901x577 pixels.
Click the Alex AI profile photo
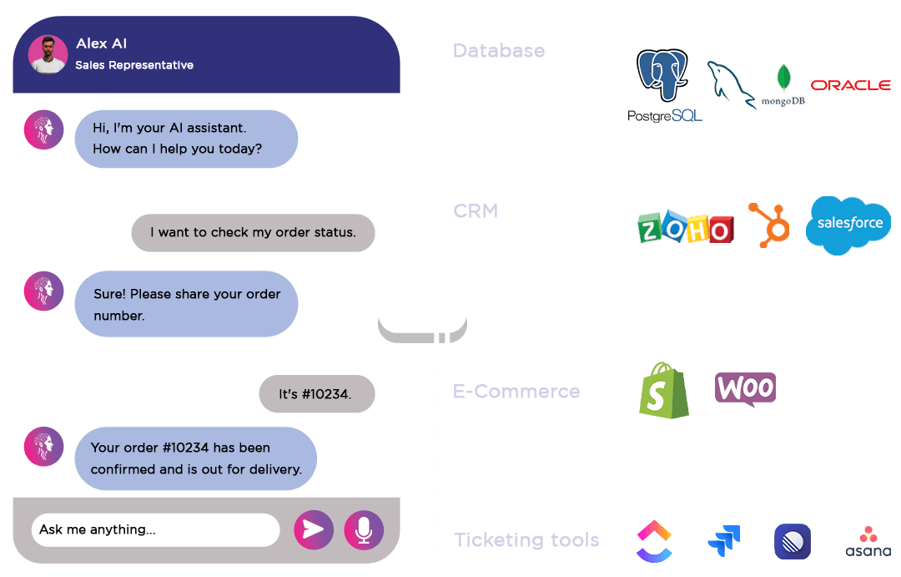click(48, 54)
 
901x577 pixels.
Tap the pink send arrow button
click(313, 530)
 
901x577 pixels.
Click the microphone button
click(364, 530)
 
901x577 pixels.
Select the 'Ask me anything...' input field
click(155, 530)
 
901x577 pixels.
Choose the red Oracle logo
click(850, 85)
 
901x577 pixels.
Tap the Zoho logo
click(685, 228)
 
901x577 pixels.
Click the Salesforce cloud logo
click(848, 225)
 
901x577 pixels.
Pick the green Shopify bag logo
click(664, 391)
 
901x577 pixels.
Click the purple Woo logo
click(745, 389)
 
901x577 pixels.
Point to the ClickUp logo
click(654, 541)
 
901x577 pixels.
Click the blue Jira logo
click(723, 541)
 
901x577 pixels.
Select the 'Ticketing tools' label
click(526, 540)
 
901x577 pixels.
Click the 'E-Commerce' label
click(516, 392)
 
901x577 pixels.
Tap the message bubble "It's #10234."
click(315, 394)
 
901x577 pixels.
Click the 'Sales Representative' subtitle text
click(134, 65)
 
